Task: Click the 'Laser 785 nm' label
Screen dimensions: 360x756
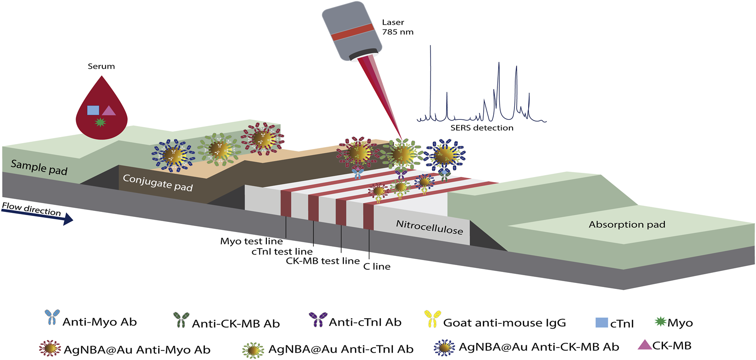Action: [397, 27]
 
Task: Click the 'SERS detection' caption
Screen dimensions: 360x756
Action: [482, 128]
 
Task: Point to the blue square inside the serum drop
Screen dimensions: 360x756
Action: [93, 110]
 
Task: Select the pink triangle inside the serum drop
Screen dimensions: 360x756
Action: [109, 111]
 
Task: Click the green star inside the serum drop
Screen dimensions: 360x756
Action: [100, 122]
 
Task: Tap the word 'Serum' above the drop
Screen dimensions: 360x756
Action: [101, 66]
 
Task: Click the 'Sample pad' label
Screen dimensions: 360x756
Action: [39, 167]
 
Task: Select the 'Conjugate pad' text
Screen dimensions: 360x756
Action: [158, 183]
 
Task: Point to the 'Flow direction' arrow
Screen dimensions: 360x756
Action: [37, 213]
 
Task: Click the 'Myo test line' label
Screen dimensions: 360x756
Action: [251, 241]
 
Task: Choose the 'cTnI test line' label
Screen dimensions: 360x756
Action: [282, 251]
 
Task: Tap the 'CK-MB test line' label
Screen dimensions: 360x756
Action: [323, 261]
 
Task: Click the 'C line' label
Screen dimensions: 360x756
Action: [377, 266]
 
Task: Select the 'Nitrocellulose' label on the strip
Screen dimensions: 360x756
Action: [430, 227]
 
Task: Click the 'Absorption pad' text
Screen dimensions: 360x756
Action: [627, 225]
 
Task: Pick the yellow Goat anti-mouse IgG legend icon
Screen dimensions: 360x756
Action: [432, 319]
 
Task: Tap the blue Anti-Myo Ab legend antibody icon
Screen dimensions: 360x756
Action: [52, 317]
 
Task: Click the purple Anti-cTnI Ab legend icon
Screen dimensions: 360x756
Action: [318, 319]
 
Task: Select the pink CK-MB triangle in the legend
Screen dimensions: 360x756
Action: [645, 345]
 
